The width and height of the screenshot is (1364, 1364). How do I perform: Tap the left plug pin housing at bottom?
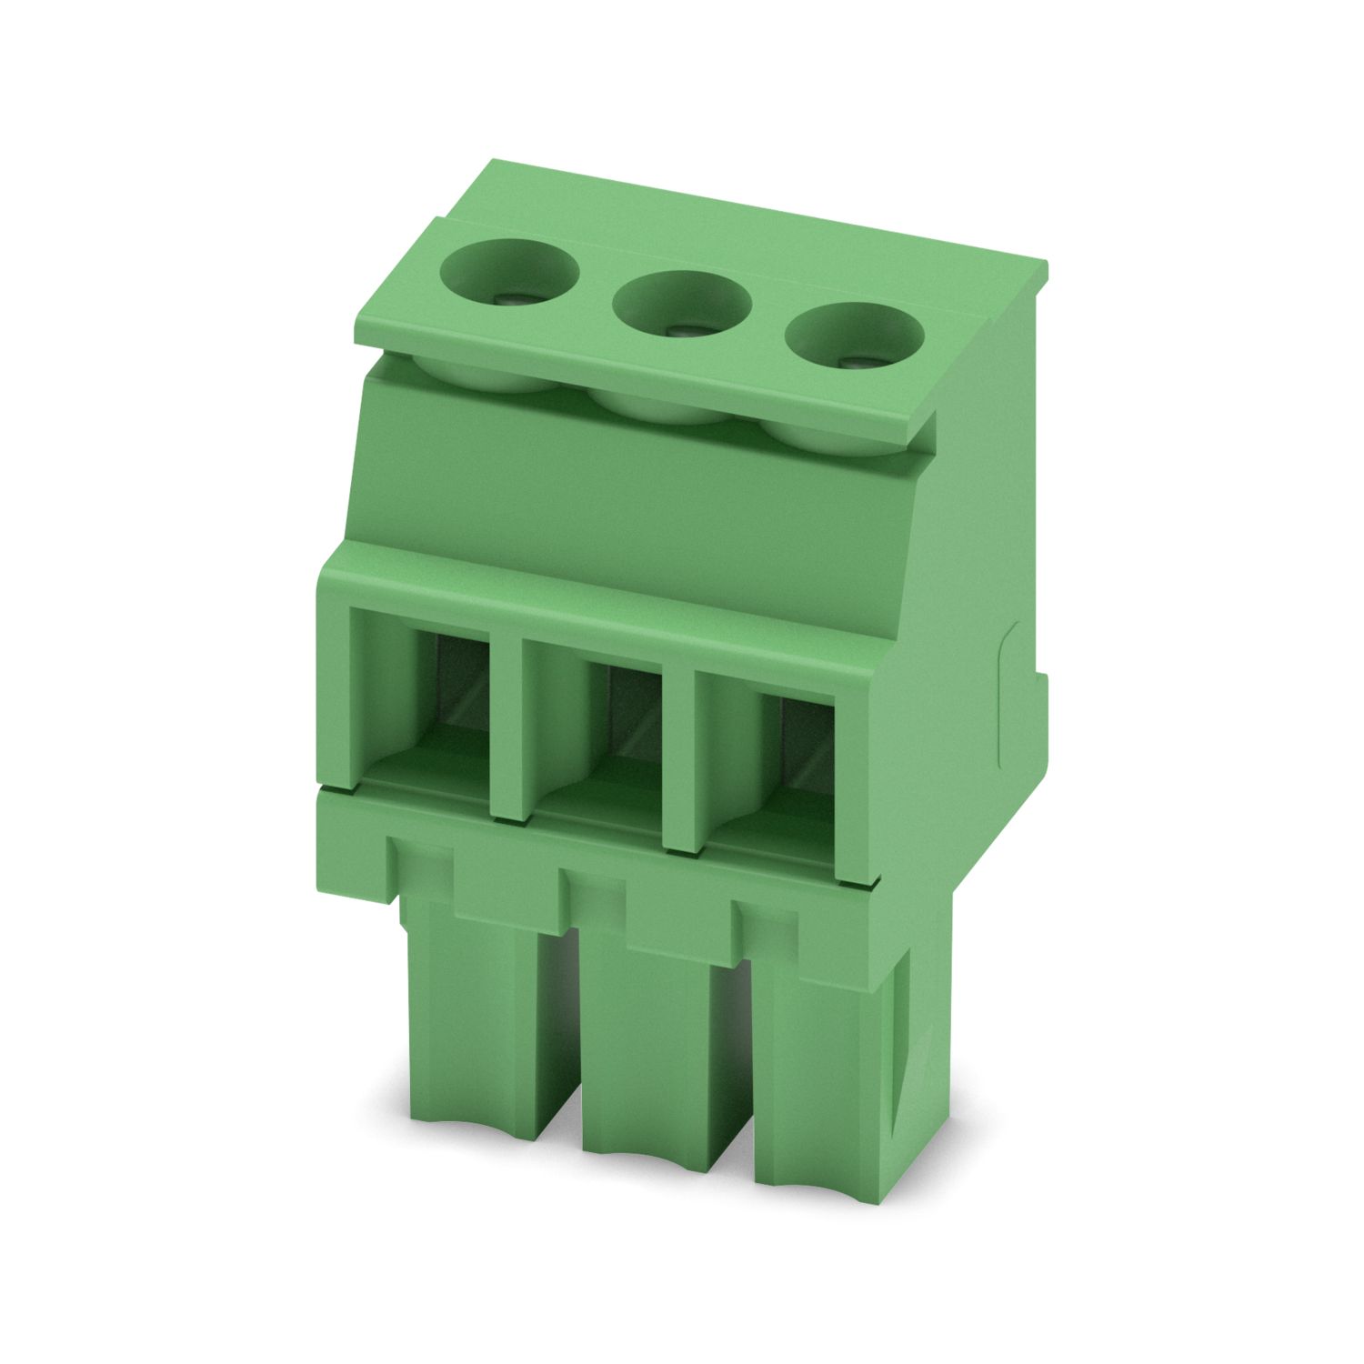point(468,1028)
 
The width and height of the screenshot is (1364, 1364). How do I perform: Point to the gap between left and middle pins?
point(559,1046)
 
